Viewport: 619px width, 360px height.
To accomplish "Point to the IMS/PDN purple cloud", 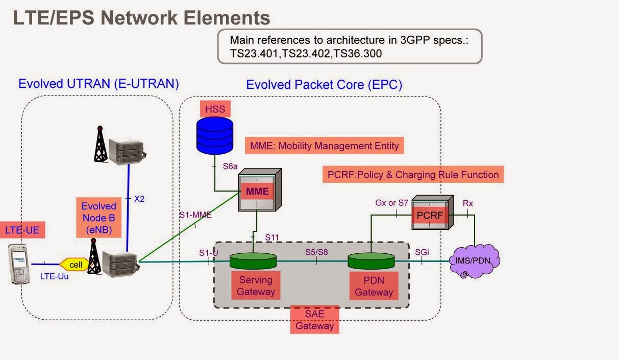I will click(475, 260).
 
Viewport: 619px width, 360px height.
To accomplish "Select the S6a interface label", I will click(230, 166).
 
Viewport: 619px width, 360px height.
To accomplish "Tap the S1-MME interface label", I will click(195, 215).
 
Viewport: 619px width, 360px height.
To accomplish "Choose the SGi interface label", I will click(422, 252).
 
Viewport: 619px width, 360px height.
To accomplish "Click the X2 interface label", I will click(139, 199).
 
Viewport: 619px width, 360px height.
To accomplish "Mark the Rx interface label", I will click(467, 203).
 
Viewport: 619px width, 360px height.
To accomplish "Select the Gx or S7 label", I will click(392, 203).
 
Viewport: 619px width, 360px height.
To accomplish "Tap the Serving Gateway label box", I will click(256, 286).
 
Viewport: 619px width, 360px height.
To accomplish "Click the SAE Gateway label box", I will click(315, 320).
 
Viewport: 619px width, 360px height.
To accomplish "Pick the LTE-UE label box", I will click(22, 230).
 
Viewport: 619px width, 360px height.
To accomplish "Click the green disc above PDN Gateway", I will click(372, 261).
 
